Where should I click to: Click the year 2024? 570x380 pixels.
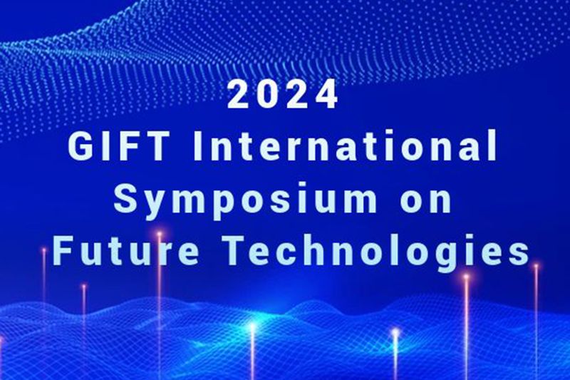tap(283, 94)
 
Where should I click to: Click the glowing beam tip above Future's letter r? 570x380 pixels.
tap(159, 233)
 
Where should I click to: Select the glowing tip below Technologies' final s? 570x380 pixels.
tap(536, 267)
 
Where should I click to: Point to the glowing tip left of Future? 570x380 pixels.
tap(44, 250)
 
